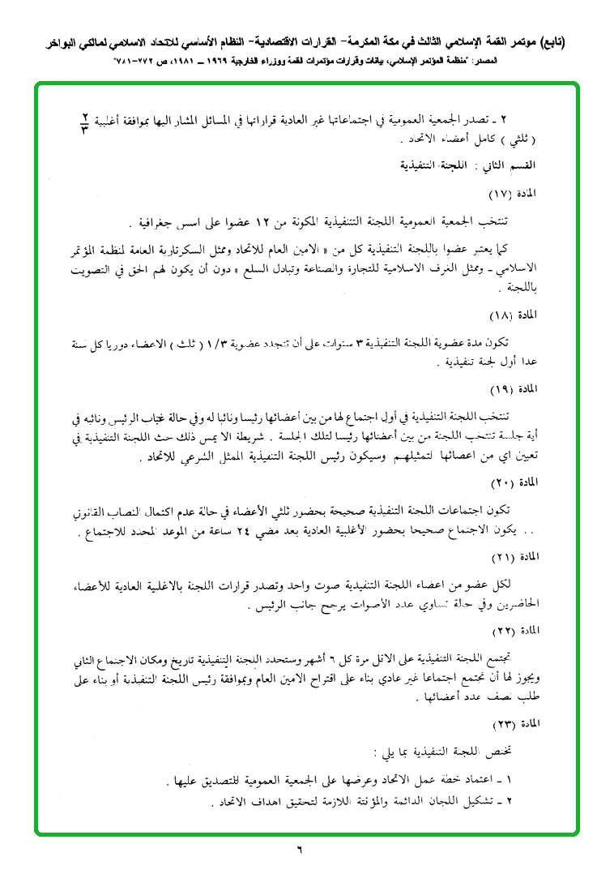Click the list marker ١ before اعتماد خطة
pos(521,781)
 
